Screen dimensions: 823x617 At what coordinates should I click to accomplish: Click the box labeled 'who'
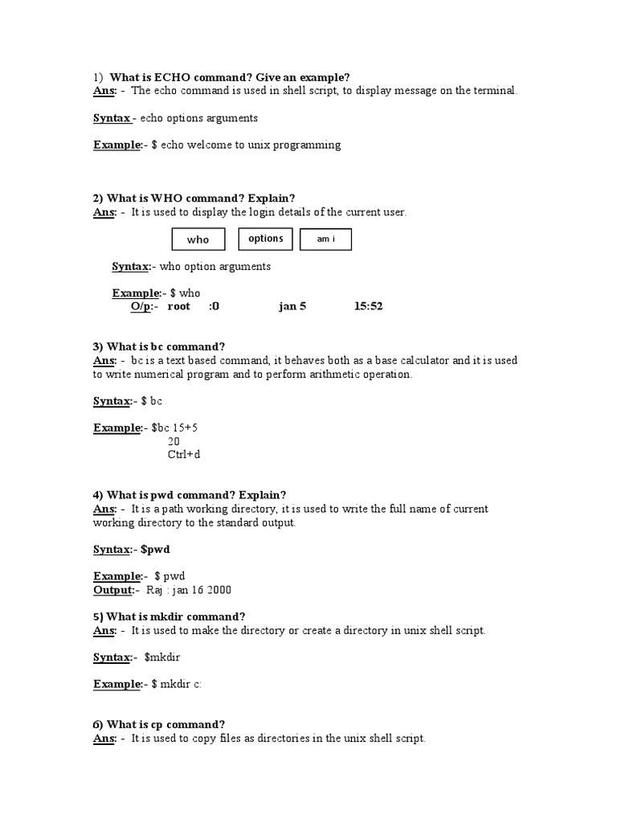coord(198,240)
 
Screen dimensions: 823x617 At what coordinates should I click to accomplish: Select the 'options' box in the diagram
coord(266,239)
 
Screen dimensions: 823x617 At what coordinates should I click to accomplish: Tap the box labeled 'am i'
coord(325,240)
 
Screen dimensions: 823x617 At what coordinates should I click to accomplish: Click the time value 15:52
coord(368,306)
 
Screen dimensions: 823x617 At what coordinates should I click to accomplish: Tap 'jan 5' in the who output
coord(292,306)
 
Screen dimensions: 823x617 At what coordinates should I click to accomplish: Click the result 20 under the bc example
coord(174,441)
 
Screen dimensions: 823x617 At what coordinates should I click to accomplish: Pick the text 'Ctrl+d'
coord(183,455)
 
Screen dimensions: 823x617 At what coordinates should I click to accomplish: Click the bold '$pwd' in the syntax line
coord(156,550)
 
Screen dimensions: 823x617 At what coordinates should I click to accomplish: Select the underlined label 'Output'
coord(113,590)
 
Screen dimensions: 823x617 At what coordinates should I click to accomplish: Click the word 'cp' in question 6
coord(156,724)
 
